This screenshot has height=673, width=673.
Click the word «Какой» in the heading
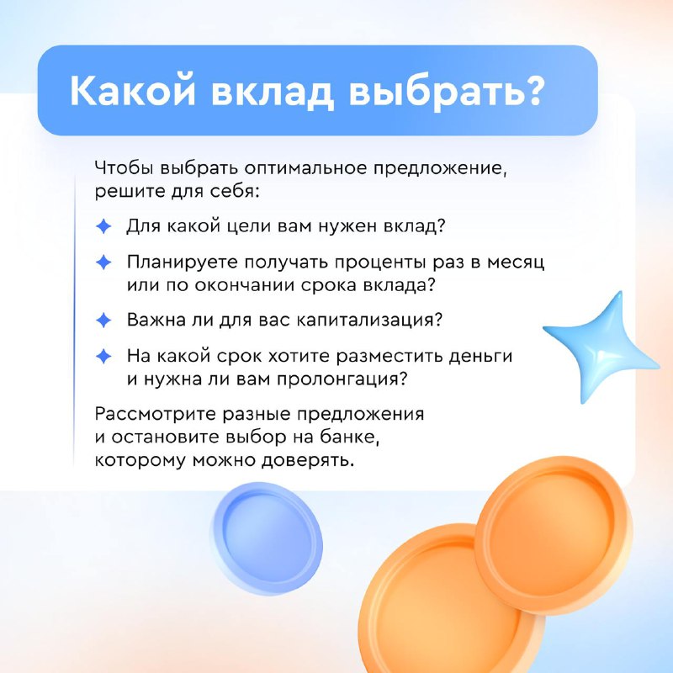[133, 91]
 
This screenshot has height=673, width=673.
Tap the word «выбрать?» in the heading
[447, 91]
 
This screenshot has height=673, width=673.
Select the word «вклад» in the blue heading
[272, 92]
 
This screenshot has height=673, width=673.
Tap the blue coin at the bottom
[267, 539]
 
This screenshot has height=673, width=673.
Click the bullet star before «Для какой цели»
[103, 226]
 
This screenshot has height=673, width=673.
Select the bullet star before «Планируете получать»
[103, 262]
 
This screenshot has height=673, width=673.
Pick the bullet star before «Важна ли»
[103, 321]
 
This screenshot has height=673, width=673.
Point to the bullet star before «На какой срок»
[103, 356]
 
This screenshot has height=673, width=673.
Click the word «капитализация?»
[369, 321]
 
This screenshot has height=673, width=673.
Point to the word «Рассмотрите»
[155, 415]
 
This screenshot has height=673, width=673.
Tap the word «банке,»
[350, 437]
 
